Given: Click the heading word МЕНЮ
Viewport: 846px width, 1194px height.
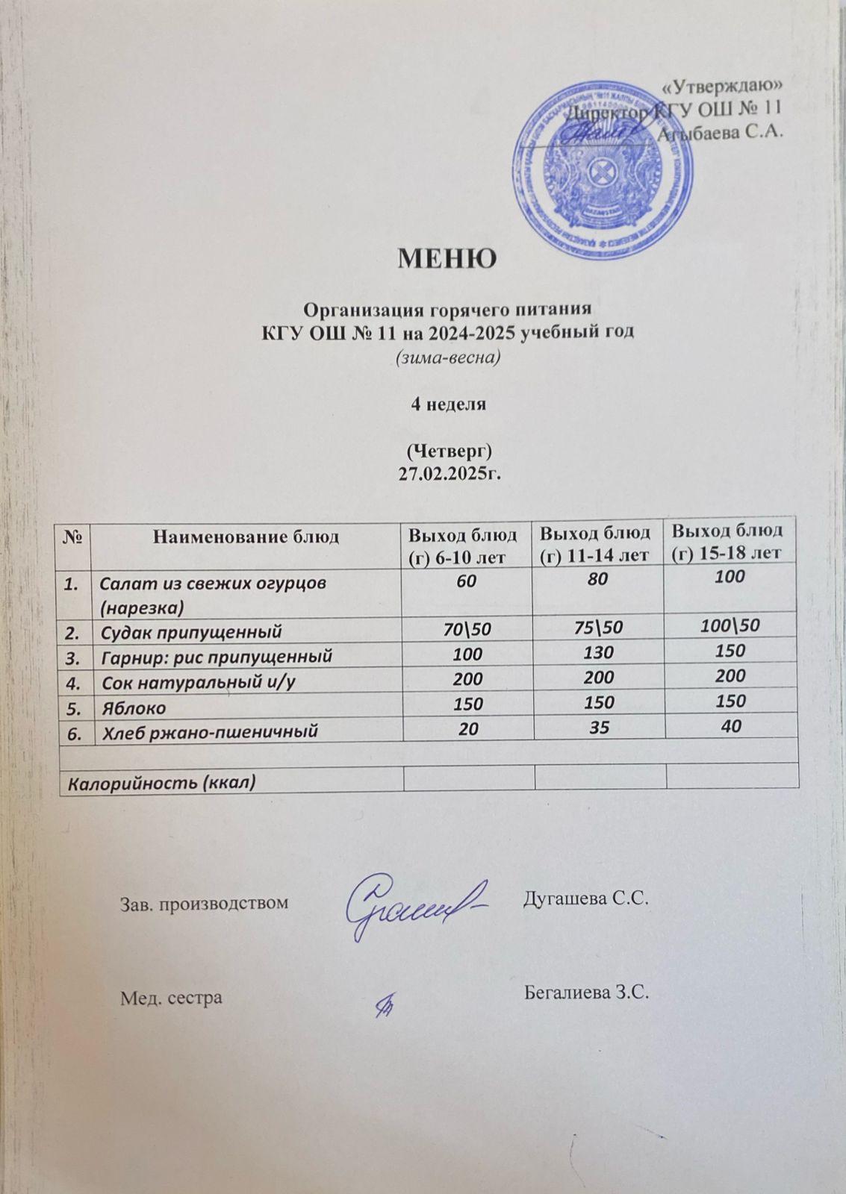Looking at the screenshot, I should pyautogui.click(x=447, y=259).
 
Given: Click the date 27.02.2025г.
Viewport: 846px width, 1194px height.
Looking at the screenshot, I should pyautogui.click(x=447, y=471).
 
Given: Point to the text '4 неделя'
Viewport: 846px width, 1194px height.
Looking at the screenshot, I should pyautogui.click(x=447, y=404).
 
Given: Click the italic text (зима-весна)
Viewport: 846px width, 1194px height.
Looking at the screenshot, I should pyautogui.click(x=447, y=357).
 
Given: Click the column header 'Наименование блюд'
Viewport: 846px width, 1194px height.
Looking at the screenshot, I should pyautogui.click(x=246, y=536).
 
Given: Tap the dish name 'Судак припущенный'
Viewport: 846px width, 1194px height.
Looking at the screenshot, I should pyautogui.click(x=191, y=633).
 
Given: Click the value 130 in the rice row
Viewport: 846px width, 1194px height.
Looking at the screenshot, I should pyautogui.click(x=598, y=653).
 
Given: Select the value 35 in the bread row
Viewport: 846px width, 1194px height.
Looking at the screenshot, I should pyautogui.click(x=598, y=727).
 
